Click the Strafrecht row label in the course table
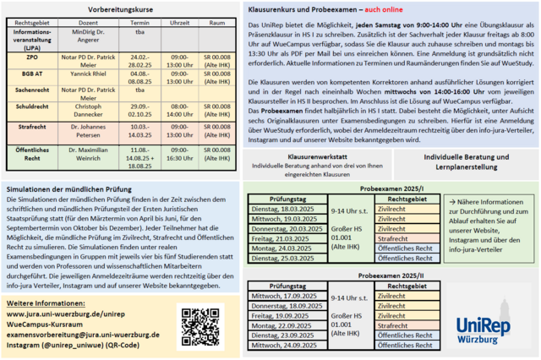(31, 129)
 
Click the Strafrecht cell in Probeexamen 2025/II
(410, 325)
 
